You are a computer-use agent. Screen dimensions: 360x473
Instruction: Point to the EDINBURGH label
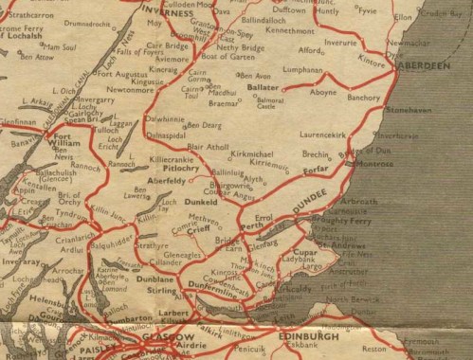pos(310,336)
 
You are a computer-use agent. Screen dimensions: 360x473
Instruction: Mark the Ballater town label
pos(263,86)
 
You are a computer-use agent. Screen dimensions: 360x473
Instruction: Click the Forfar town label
pos(316,171)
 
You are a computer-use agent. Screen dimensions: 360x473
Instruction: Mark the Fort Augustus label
pos(122,73)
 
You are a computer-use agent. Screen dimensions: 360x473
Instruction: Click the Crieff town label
pos(197,229)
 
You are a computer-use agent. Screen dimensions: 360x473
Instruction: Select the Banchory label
pos(364,97)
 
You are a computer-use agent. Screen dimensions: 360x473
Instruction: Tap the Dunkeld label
pos(201,202)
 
